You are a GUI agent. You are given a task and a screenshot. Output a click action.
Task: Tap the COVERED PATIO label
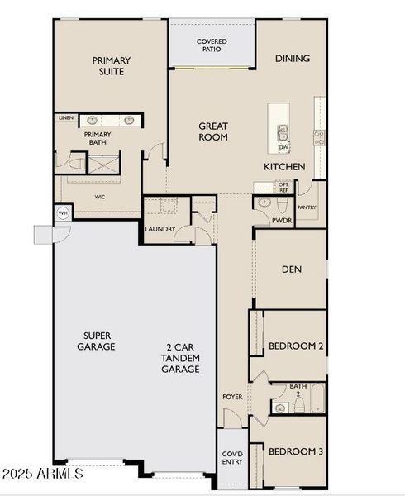pos(212,45)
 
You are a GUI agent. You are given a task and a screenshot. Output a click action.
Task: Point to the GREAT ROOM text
pos(212,131)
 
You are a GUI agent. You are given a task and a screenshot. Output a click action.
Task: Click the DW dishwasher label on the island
pos(283,147)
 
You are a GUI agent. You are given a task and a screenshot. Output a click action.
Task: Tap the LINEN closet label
pos(66,118)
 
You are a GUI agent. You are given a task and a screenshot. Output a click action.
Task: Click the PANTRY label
pos(307,207)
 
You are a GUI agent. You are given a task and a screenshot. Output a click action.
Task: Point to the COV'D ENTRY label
pos(231,456)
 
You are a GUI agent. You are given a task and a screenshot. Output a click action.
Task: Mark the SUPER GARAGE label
pos(98,341)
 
